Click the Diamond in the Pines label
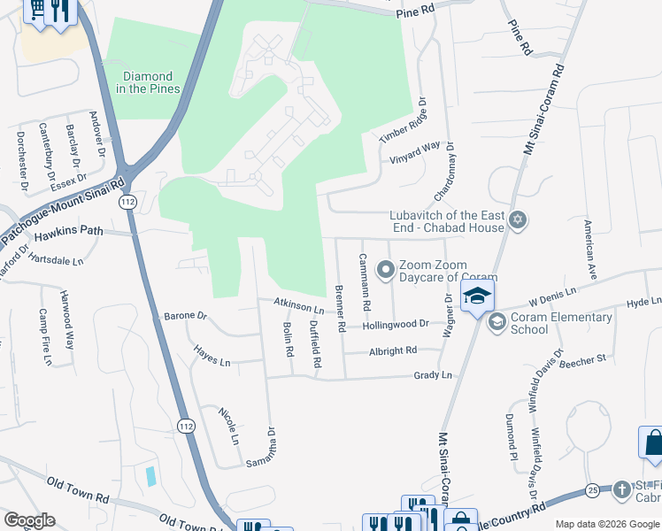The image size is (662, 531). [x=149, y=82]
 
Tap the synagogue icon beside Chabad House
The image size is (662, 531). [x=518, y=220]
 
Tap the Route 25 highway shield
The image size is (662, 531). [x=591, y=489]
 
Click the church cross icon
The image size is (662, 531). [x=623, y=489]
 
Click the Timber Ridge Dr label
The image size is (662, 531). [x=403, y=122]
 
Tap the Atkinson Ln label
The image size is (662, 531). [x=298, y=306]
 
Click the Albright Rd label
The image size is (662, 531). [x=392, y=350]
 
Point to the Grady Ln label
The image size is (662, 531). [x=433, y=375]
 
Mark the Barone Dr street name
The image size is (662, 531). [x=185, y=316]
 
